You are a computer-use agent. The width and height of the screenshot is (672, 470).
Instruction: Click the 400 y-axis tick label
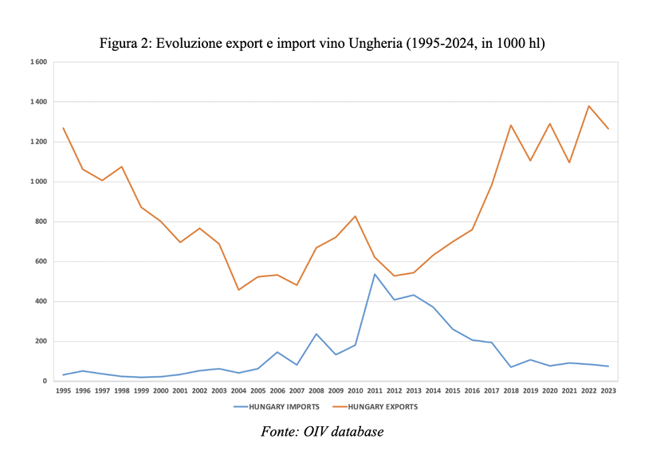[x=40, y=301]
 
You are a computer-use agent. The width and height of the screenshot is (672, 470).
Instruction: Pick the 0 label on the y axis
[x=45, y=381]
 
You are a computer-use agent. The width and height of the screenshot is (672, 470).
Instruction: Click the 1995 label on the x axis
[x=63, y=390]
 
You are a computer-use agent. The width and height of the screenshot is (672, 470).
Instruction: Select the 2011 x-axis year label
[x=374, y=390]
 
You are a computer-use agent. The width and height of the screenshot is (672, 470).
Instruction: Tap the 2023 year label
[x=607, y=390]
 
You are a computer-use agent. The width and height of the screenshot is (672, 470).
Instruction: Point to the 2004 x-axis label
[x=238, y=390]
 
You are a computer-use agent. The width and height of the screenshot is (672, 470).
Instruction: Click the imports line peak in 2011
[x=375, y=274]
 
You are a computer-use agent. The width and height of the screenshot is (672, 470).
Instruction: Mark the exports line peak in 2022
[x=588, y=106]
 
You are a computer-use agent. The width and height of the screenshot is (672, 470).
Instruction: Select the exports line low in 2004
[x=238, y=290]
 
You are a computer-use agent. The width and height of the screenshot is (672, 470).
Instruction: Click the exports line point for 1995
[x=63, y=127]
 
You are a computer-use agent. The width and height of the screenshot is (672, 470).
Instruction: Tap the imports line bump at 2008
[x=316, y=334]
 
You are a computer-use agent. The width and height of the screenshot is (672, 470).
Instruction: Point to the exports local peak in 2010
[x=355, y=216]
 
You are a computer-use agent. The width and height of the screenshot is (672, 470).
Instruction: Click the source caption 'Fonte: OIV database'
[x=322, y=432]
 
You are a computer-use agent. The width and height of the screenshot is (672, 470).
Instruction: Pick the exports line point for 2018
[x=510, y=125]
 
